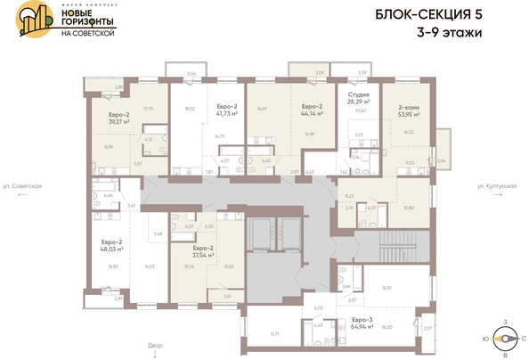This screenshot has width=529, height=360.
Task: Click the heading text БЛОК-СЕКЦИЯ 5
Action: click(448, 16)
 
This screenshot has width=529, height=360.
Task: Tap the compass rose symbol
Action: click(507, 337)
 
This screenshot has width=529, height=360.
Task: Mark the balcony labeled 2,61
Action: click(227, 295)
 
